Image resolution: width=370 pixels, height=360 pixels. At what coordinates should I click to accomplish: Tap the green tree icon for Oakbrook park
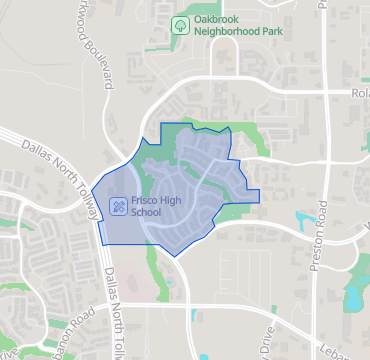pyautogui.click(x=180, y=25)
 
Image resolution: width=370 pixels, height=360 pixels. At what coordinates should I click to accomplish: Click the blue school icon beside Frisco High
pyautogui.click(x=119, y=207)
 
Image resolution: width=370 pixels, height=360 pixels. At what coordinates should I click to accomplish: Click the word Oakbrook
pyautogui.click(x=219, y=19)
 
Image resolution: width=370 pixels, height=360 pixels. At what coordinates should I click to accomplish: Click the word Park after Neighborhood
pyautogui.click(x=276, y=32)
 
